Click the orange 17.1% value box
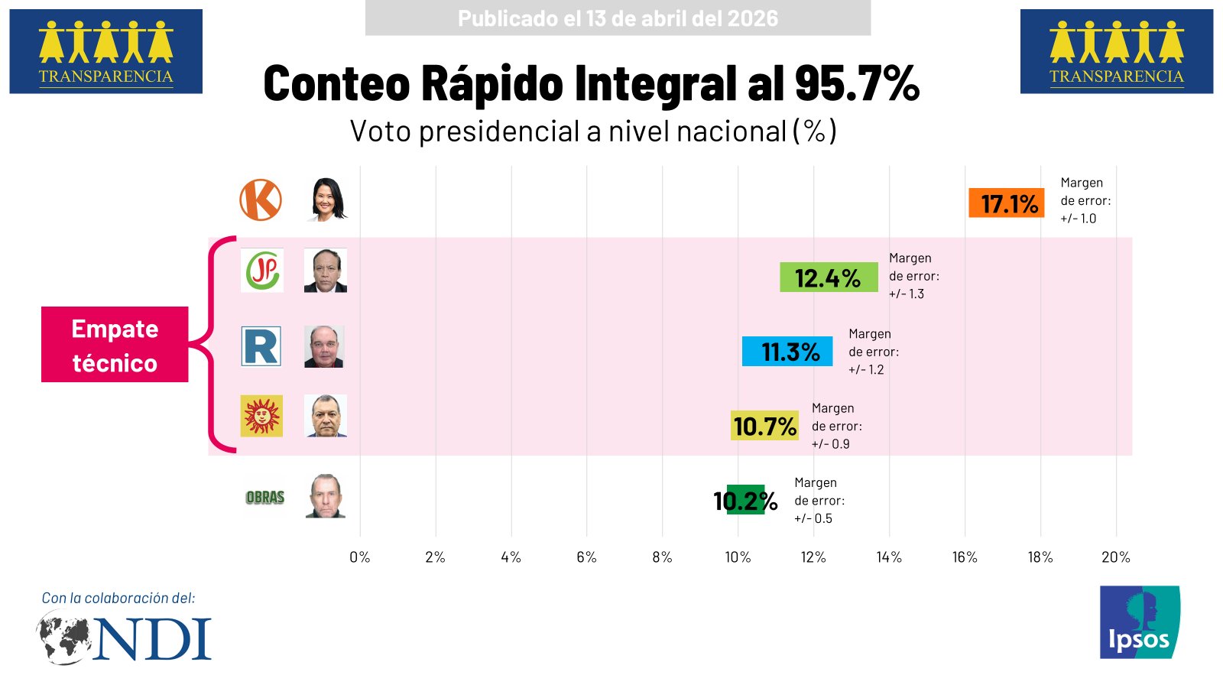click(x=1006, y=203)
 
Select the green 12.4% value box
click(x=828, y=277)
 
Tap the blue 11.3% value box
click(x=787, y=352)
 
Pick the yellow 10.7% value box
click(x=764, y=426)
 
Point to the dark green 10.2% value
click(x=745, y=501)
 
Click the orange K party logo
click(x=261, y=200)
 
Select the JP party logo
click(x=262, y=270)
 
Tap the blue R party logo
click(x=261, y=346)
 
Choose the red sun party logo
click(x=261, y=416)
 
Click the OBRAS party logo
click(x=264, y=497)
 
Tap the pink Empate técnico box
click(x=115, y=345)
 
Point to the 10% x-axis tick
click(x=738, y=557)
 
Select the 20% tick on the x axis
click(x=1115, y=557)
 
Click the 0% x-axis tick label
click(x=359, y=557)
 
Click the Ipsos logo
click(x=1139, y=622)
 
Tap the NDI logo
click(x=125, y=639)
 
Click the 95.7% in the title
click(x=856, y=83)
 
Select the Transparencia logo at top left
click(x=105, y=51)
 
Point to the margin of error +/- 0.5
click(x=813, y=518)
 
